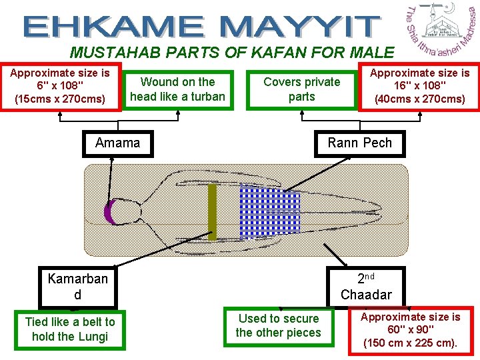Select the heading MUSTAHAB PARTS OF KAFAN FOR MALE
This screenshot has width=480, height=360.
(232, 52)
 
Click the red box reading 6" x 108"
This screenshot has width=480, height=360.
(61, 86)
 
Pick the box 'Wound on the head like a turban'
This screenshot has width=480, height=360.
(177, 89)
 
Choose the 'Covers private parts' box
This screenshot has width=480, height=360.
(301, 89)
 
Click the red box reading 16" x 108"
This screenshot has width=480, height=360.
(419, 86)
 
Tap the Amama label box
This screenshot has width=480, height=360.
(117, 143)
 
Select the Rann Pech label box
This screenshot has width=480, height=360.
(359, 143)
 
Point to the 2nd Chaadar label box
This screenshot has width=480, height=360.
(366, 286)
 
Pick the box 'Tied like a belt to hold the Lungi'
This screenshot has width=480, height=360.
(70, 329)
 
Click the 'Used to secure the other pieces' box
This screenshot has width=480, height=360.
(278, 326)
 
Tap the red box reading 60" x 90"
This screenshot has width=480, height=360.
(410, 330)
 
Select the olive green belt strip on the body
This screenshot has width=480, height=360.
(213, 212)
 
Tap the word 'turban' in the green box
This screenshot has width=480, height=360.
(207, 97)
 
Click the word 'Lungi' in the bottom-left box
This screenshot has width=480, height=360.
(92, 337)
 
